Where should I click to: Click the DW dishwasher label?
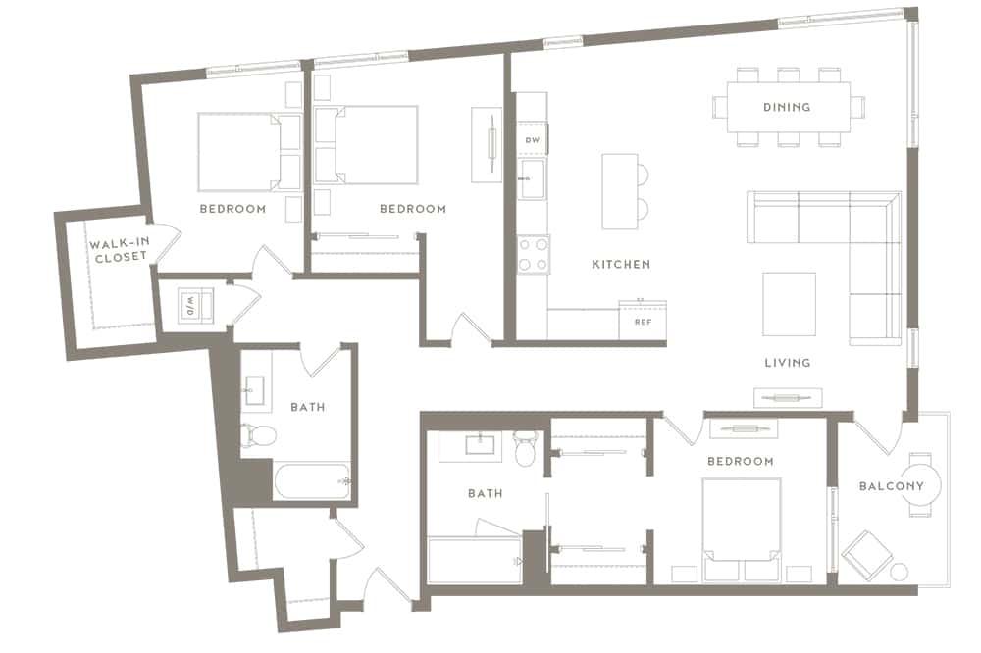tap(533, 140)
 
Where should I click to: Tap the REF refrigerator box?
tap(643, 322)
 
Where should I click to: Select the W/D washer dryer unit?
tap(195, 306)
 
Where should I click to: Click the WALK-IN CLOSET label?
tap(119, 250)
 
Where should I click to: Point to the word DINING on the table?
tap(787, 107)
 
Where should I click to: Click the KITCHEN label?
tap(621, 264)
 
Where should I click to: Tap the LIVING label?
tap(788, 362)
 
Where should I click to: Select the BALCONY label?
tap(892, 486)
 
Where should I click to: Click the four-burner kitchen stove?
tap(534, 255)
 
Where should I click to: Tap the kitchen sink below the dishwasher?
tap(533, 178)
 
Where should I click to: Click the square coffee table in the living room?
tap(789, 304)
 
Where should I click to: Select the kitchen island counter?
tap(620, 191)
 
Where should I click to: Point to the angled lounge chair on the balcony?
tap(866, 556)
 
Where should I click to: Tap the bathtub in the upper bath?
tap(312, 481)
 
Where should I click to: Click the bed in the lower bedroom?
tap(742, 530)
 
